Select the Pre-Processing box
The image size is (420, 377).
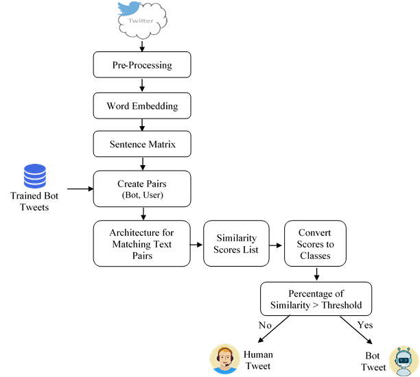click(141, 65)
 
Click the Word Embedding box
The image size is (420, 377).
click(141, 106)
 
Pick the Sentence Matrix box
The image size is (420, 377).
click(141, 145)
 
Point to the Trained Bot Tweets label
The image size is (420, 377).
click(34, 202)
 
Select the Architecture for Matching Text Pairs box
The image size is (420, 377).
click(141, 243)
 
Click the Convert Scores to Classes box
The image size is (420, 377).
click(315, 243)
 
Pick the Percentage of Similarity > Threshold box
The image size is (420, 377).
click(316, 299)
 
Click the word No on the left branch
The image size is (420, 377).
click(265, 325)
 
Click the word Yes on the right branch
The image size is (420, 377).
click(365, 324)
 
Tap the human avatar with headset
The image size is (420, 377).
click(224, 359)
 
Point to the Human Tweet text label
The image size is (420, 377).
click(258, 360)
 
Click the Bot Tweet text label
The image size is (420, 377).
click(374, 362)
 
